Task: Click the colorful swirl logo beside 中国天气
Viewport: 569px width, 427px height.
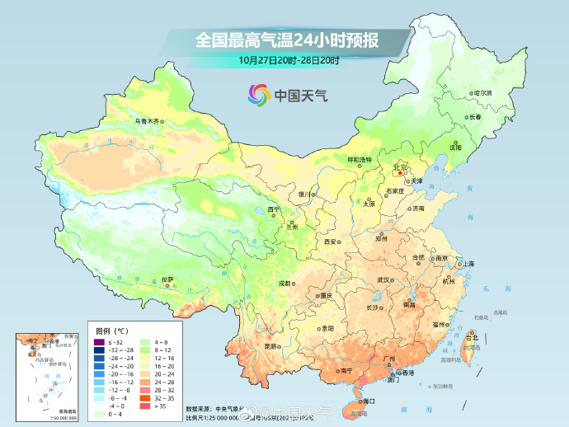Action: click(x=259, y=95)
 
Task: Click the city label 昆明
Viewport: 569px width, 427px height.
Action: click(x=271, y=346)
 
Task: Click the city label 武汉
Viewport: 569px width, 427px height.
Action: click(x=383, y=280)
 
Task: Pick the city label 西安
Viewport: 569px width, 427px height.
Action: click(x=331, y=242)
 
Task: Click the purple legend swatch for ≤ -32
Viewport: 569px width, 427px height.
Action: click(x=98, y=342)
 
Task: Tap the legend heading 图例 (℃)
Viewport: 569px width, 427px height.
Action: click(x=111, y=331)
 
